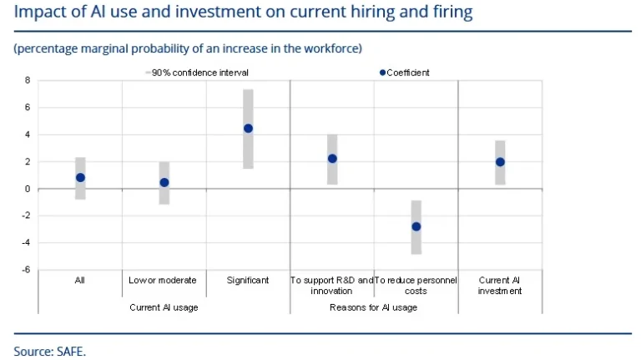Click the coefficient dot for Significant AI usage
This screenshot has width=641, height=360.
[x=248, y=129]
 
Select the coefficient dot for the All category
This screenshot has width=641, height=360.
[x=80, y=178]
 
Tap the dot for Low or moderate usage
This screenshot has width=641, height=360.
[x=164, y=182]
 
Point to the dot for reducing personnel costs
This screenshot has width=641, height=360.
[x=416, y=226]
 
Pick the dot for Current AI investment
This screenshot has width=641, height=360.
[x=500, y=162]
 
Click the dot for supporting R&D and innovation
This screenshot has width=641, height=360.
[x=332, y=159]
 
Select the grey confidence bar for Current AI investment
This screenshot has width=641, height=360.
[x=500, y=149]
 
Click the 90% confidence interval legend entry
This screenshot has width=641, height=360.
[x=197, y=73]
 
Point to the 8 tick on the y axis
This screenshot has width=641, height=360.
[x=27, y=80]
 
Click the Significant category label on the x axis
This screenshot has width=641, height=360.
[x=248, y=281]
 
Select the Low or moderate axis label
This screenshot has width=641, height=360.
[x=164, y=281]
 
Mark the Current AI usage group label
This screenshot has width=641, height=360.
[x=164, y=307]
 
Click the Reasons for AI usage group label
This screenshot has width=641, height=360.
[x=373, y=307]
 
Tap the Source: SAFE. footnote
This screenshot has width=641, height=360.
[x=49, y=351]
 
